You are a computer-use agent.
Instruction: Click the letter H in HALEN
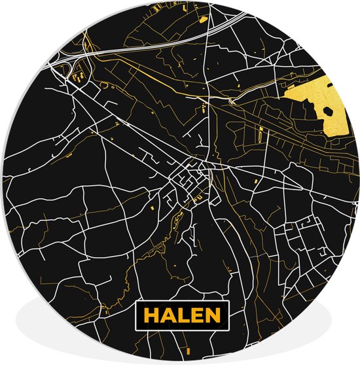click(152, 315)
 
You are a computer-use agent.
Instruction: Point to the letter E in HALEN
click(194, 315)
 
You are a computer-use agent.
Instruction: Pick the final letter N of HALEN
click(209, 315)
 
